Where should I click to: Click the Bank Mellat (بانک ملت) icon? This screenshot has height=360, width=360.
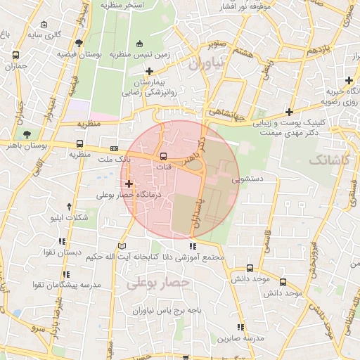115,149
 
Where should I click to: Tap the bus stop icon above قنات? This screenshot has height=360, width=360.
163,156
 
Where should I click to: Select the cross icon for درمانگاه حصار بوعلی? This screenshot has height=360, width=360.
128,184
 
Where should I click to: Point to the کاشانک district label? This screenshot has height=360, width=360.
328,160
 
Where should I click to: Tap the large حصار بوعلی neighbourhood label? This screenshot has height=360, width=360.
159,283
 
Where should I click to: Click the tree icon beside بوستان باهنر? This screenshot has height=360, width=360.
27,134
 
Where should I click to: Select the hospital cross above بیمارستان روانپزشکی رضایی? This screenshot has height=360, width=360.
149,71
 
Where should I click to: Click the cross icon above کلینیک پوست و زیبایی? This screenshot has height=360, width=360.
290,111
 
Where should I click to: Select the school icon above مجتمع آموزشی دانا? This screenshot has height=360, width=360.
193,246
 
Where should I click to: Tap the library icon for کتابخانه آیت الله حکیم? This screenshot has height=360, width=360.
123,246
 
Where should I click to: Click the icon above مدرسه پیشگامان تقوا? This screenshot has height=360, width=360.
66,274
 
